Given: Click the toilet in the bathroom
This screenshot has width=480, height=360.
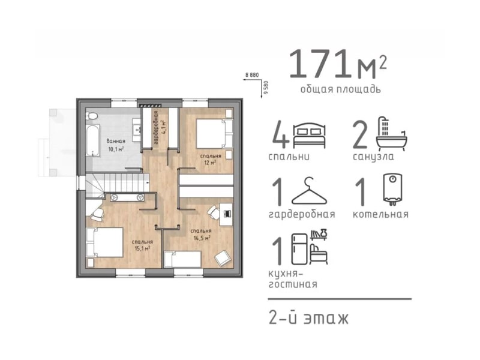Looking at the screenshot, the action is point(92,116).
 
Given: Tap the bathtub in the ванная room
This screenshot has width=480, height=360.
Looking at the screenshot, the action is point(93,140).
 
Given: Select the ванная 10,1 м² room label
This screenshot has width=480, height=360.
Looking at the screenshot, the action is point(116,145).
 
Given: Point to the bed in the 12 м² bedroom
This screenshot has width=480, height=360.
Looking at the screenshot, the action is point(214,134).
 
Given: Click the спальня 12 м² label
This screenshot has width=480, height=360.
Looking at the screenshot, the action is point(211,159).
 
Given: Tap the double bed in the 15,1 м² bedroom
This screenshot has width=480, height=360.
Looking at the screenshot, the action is point(104,242).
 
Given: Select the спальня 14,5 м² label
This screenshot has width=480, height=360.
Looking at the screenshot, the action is point(201,234).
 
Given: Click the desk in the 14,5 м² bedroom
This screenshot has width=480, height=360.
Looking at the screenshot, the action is point(226,214).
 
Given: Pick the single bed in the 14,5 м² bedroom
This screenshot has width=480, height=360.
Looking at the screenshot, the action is point(182,259).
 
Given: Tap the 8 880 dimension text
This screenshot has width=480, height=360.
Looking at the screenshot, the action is point(252,74).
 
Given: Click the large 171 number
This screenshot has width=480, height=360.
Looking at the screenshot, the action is point(322,64).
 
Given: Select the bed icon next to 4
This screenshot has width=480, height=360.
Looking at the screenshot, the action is point(309,136).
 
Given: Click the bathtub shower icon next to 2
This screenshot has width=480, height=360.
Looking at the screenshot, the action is point(392,133).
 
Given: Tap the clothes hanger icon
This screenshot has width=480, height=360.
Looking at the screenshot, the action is point(309,191).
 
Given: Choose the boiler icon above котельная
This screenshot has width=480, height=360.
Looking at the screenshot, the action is point(393,189).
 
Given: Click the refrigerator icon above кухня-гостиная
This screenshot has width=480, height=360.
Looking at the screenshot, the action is point(299,249).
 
